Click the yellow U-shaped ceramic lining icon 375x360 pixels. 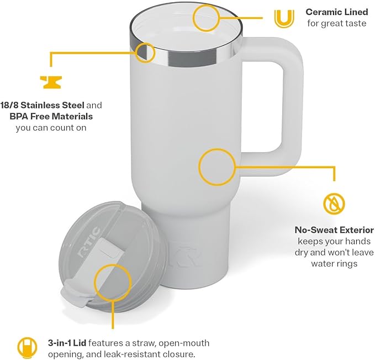point(283,18)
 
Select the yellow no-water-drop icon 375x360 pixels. point(334,203)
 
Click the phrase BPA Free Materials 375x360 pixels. point(51,116)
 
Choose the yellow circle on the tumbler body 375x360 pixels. point(216,166)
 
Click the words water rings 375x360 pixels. point(335,264)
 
